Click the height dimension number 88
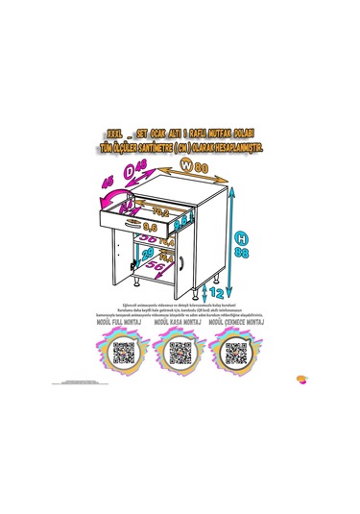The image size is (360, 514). [246, 253]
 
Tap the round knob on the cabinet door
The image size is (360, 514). [180, 262]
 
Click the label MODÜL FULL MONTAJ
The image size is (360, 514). [123, 327]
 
